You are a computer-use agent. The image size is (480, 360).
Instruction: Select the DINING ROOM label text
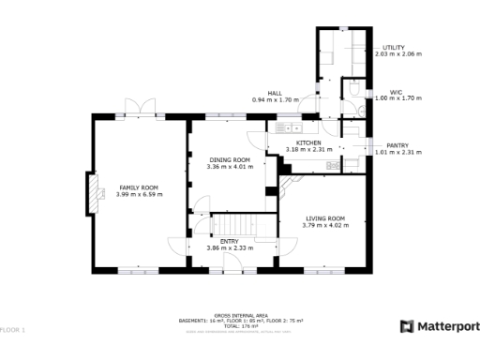[x=230, y=160]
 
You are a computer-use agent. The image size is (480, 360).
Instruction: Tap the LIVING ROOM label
[x=325, y=218]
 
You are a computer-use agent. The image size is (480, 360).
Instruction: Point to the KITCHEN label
[x=309, y=142]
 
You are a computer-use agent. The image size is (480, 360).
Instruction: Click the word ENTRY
[x=230, y=241]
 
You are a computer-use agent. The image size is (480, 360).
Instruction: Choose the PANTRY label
[x=397, y=145]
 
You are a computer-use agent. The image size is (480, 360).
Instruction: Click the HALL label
[x=275, y=93]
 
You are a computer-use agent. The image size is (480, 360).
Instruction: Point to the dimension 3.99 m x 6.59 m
[x=139, y=194]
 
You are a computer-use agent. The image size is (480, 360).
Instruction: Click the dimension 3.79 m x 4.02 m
[x=325, y=225]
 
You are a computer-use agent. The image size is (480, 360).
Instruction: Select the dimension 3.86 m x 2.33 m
[x=230, y=247]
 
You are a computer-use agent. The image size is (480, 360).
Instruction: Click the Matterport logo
[x=440, y=326]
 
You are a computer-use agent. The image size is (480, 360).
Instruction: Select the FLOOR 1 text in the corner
[x=13, y=330]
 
